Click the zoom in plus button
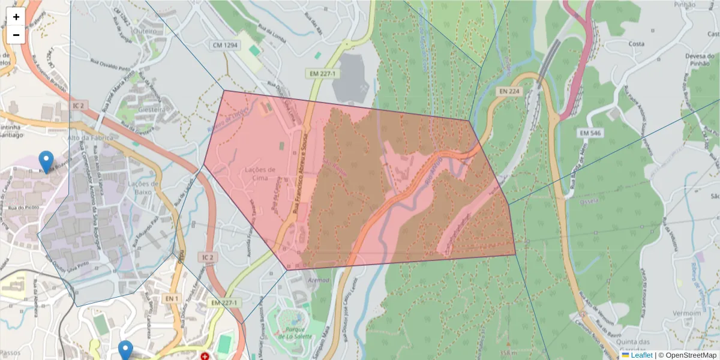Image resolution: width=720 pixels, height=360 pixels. [16, 17]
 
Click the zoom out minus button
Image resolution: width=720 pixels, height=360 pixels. [16, 35]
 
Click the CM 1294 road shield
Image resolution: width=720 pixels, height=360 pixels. [225, 45]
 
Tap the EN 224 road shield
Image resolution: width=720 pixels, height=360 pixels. [509, 91]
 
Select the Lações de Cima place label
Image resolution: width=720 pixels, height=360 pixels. [260, 173]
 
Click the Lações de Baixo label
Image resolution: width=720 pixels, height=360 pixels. [143, 188]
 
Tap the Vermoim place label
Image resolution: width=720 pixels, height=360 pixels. [687, 313]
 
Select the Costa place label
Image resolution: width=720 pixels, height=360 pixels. [636, 44]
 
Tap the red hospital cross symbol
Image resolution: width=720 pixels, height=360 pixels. [206, 356]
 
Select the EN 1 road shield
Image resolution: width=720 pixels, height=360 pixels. [172, 298]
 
